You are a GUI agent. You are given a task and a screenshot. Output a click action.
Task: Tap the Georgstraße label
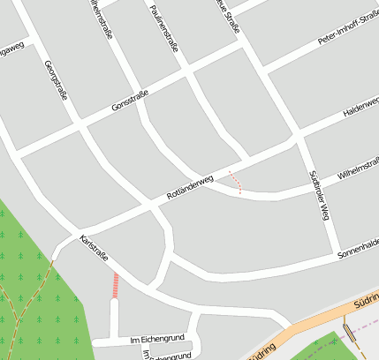(x=55, y=80)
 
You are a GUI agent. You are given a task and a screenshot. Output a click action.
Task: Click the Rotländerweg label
(x=190, y=188)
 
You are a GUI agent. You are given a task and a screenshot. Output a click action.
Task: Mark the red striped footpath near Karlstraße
(x=114, y=284)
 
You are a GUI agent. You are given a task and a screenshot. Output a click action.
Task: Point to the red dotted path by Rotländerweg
(x=235, y=181)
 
